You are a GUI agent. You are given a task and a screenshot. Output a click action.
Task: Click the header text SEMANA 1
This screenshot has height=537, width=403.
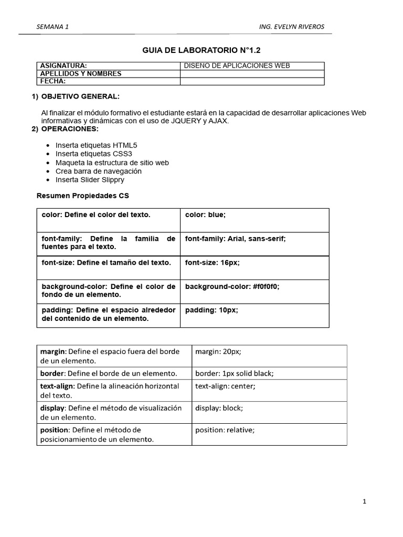52,27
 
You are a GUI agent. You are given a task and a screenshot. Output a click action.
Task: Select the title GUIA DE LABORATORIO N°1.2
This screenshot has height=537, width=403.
201,50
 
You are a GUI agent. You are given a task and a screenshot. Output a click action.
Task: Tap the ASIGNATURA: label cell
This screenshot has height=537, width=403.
63,66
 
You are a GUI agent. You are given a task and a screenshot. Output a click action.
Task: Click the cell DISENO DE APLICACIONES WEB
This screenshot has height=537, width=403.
237,66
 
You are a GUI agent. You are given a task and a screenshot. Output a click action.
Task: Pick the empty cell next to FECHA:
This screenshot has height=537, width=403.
252,81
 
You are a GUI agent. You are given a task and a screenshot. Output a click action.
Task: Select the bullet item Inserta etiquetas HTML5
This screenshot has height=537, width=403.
97,145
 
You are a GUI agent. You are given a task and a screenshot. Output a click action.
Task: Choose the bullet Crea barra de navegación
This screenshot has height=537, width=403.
98,171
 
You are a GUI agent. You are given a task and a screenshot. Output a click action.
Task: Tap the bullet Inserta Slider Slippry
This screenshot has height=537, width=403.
90,180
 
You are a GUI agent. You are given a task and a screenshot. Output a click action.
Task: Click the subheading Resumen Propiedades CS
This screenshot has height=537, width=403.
82,196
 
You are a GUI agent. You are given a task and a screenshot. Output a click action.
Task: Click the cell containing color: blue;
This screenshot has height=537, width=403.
205,215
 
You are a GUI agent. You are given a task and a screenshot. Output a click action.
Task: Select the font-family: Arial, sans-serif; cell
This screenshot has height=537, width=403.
236,239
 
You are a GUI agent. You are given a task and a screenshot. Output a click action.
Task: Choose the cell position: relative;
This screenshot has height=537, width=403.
225,430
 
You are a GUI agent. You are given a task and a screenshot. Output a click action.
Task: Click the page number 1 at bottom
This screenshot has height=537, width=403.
364,501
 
